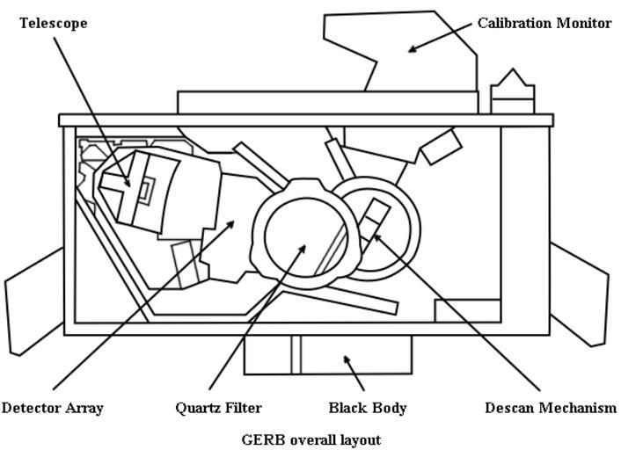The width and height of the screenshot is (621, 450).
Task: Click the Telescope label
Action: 53,24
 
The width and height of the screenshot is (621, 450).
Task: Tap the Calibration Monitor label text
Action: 544,24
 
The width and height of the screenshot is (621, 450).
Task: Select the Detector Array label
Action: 53,408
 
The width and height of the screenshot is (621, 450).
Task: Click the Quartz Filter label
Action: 218,408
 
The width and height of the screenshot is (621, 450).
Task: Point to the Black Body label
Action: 368,408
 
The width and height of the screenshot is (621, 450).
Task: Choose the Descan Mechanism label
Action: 551,408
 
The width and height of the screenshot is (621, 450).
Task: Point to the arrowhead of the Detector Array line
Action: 232,223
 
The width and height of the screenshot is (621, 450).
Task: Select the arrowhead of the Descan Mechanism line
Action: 376,236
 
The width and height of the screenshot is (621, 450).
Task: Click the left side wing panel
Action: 33,303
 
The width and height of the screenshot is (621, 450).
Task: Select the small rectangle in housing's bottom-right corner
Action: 467,310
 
